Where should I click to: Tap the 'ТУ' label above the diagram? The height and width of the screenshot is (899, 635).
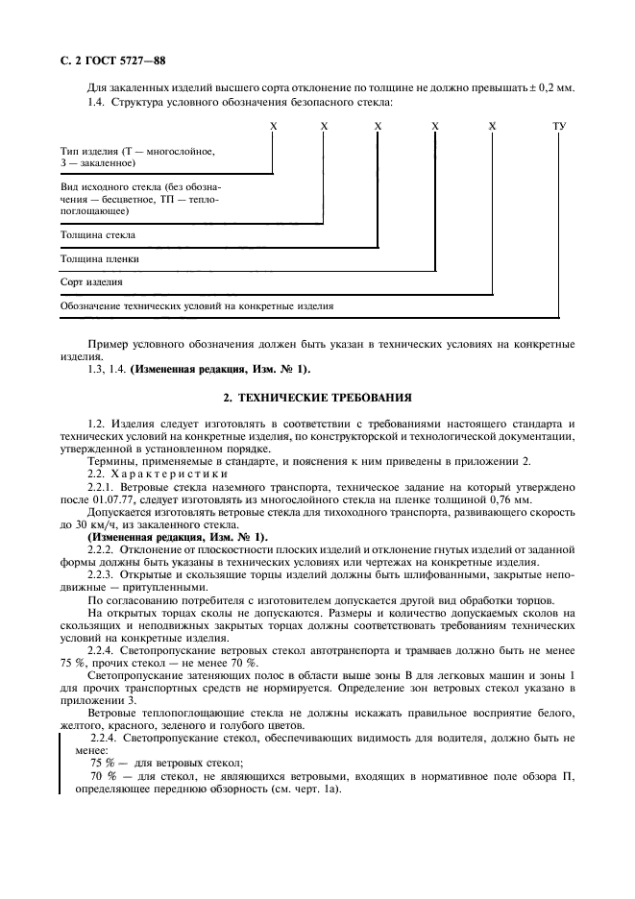pos(559,126)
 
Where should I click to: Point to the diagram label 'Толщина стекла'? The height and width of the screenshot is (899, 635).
pos(98,234)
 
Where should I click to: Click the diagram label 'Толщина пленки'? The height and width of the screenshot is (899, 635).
pos(100,259)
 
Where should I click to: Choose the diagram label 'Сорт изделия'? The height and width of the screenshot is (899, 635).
pos(91,283)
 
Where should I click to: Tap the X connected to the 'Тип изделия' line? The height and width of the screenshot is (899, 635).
pos(273,126)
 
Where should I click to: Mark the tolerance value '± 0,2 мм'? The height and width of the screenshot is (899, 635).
pos(553,88)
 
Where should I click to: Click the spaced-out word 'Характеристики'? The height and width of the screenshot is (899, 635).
pos(168,474)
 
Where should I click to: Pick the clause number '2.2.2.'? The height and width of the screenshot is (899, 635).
pos(101,549)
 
